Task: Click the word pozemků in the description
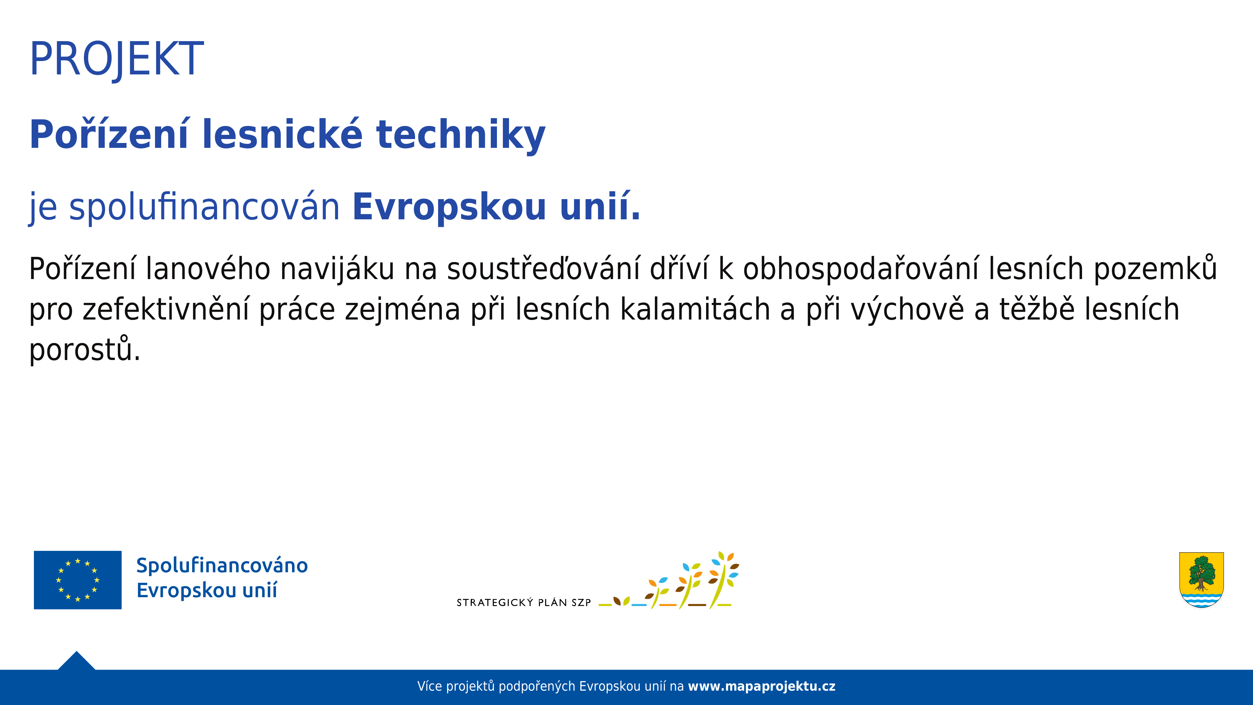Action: click(x=1155, y=269)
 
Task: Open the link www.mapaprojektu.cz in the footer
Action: click(x=762, y=686)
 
